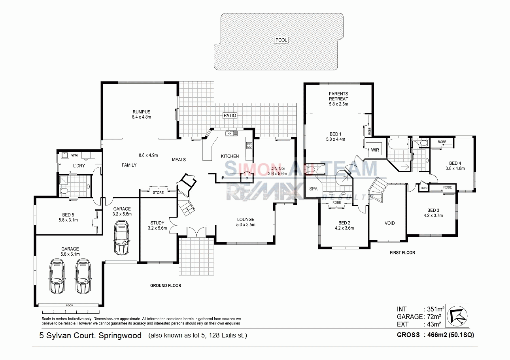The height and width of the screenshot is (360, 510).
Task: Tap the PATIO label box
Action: pos(230,115)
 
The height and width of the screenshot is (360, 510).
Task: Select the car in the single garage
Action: pos(121,238)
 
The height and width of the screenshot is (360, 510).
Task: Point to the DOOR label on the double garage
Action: pos(70,305)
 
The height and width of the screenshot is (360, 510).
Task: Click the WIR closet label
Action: pos(375,150)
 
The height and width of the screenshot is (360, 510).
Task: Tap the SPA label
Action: pos(314,189)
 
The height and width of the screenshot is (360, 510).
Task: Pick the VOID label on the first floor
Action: pos(389,223)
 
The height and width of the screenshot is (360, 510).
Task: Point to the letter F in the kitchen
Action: pos(223,178)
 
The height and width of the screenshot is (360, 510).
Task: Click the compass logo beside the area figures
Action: pos(457,316)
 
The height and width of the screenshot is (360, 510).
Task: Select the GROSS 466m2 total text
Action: pos(435,335)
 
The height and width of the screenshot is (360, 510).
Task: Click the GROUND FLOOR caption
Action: pos(166,285)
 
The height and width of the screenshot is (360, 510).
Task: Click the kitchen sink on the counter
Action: pos(230,134)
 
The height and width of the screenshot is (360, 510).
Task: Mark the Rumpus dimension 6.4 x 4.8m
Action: pos(142,117)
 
